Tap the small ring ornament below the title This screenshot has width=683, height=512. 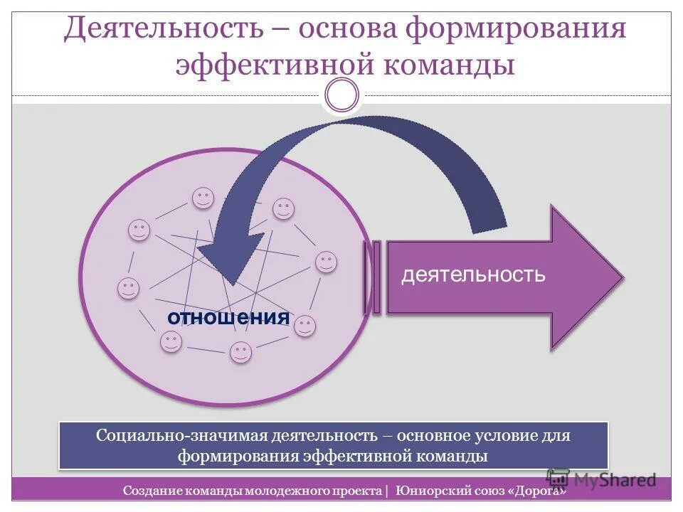(x=342, y=95)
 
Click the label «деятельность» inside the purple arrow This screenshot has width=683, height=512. (x=473, y=275)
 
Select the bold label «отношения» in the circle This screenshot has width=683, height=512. (x=228, y=318)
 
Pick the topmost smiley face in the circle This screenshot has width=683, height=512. (x=203, y=198)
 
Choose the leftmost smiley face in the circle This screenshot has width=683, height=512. (x=129, y=289)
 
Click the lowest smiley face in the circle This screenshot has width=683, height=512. (x=241, y=353)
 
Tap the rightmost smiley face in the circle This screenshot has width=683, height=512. (x=326, y=262)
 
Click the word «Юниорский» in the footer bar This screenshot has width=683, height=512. (x=429, y=491)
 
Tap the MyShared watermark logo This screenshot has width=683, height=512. (x=601, y=479)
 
